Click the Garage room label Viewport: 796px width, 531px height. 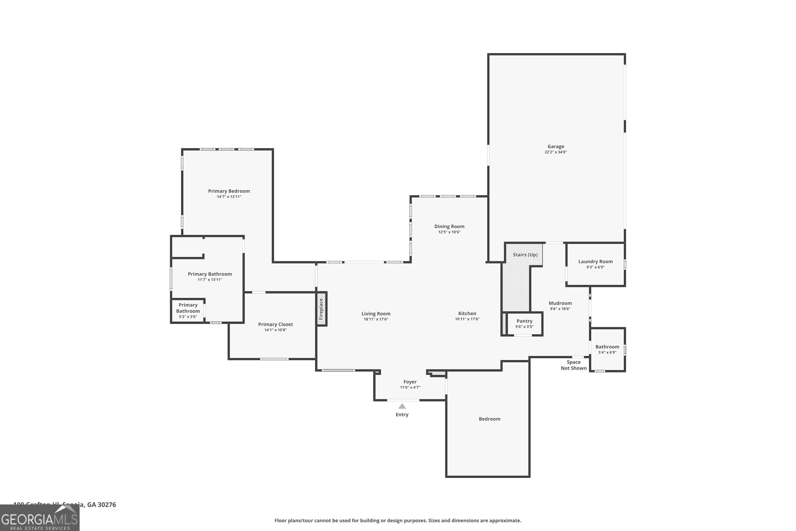(556, 146)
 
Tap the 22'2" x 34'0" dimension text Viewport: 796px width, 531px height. (556, 152)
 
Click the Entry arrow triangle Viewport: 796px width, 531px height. (402, 406)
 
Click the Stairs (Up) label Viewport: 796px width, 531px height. (525, 255)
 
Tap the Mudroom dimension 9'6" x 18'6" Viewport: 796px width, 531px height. (560, 309)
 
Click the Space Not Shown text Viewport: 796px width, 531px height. (573, 365)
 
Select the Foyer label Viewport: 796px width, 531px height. (410, 382)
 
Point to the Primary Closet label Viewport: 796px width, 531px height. (275, 324)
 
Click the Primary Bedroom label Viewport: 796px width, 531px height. (229, 191)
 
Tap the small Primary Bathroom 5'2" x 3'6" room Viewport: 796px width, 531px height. (188, 311)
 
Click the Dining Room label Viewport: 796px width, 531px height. (449, 226)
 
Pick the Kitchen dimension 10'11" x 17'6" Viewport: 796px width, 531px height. (467, 319)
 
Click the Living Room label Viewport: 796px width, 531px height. (376, 314)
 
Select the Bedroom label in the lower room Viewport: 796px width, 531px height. (489, 419)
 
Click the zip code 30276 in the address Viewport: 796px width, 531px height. (107, 505)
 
